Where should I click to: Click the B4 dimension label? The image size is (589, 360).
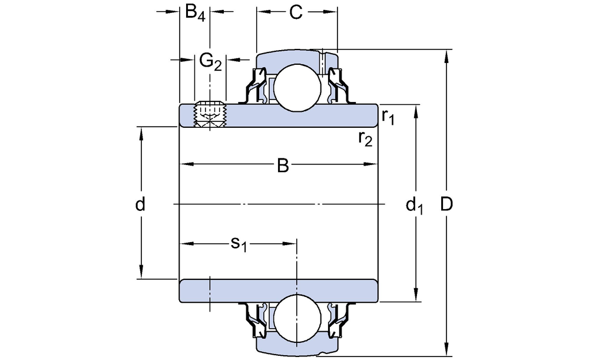click(195, 13)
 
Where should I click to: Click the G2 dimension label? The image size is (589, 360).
click(210, 60)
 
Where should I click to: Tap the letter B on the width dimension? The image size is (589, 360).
click(283, 167)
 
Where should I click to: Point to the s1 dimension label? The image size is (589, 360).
click(238, 243)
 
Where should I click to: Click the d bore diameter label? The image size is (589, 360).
click(140, 204)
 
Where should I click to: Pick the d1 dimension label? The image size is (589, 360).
click(415, 206)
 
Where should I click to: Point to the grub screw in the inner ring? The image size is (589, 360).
click(210, 114)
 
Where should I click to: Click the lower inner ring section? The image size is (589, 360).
click(279, 291)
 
